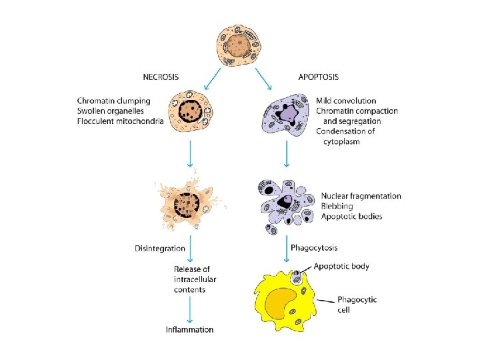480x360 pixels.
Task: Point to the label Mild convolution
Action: pos(346,101)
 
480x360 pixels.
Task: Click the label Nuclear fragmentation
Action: pos(361,196)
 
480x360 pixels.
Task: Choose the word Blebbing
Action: pos(338,206)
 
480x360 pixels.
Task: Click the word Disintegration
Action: pos(160,249)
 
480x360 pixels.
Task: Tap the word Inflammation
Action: pos(190,329)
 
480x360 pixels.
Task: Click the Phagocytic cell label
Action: pos(357,304)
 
